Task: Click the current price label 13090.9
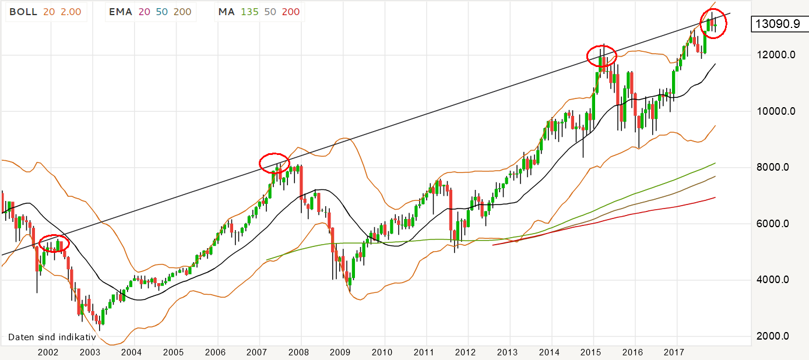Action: click(776, 24)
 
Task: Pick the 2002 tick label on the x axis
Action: click(48, 352)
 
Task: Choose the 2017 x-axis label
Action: click(674, 352)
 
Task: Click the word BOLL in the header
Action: click(23, 11)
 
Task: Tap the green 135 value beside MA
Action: click(250, 11)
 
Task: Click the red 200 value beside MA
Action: click(291, 11)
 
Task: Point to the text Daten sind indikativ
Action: click(52, 337)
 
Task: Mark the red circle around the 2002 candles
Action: click(54, 245)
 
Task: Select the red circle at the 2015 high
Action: click(602, 55)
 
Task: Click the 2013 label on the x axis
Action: click(508, 352)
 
